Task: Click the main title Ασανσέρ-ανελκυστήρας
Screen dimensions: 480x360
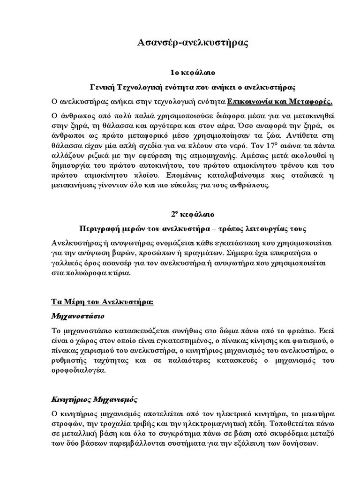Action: (192, 43)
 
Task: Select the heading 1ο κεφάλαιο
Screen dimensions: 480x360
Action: (192, 73)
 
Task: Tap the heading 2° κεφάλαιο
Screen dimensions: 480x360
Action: (192, 215)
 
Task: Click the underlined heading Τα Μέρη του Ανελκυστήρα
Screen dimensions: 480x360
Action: (102, 302)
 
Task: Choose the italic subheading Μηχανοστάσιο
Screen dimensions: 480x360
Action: (77, 316)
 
